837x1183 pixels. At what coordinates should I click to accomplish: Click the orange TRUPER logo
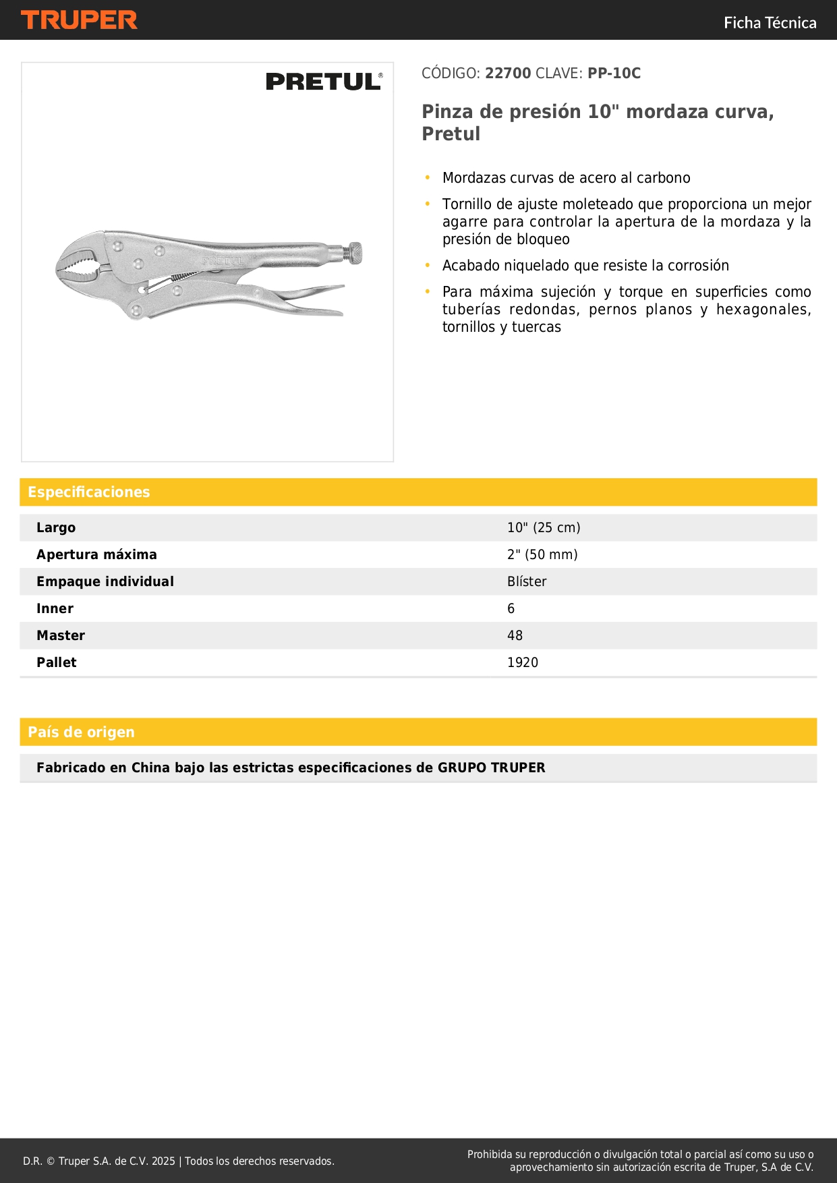79,20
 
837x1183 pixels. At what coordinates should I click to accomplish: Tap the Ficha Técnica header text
770,23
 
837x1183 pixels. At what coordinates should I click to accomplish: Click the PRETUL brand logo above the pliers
324,82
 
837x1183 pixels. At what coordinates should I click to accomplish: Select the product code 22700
508,74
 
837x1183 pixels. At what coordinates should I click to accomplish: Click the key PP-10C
614,74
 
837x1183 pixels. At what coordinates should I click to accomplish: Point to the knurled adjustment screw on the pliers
353,254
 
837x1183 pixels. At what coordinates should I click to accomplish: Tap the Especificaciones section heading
89,492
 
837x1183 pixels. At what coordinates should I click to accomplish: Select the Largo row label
56,527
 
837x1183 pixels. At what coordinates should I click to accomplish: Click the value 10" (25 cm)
544,527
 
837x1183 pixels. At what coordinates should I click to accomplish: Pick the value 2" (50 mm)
542,554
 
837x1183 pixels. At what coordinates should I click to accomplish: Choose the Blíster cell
527,581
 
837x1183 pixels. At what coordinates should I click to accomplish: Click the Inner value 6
511,608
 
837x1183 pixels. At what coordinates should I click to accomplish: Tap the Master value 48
515,635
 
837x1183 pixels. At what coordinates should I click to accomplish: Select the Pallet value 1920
523,662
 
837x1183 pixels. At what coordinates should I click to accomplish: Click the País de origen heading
81,732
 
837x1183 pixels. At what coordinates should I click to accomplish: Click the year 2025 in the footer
163,1161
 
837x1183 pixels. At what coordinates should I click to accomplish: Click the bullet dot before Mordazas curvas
428,177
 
